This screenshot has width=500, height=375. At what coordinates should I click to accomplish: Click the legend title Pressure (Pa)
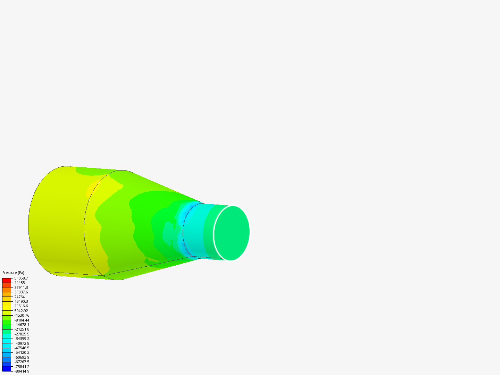13,273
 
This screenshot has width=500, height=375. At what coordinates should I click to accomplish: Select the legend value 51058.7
21,278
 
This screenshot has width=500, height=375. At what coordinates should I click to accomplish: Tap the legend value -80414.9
22,371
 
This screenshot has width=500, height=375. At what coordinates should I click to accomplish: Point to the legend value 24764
19,297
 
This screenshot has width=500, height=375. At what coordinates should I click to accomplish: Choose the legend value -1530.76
22,315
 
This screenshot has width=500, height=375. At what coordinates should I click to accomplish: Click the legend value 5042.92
21,311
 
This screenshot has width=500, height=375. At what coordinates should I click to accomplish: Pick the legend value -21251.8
22,329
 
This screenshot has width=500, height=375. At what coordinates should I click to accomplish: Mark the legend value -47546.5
22,348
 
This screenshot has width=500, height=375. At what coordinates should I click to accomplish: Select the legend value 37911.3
21,287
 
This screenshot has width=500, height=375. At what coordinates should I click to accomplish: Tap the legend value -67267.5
22,362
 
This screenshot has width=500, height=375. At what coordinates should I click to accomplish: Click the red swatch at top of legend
7,280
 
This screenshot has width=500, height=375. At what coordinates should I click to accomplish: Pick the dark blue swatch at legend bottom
7,369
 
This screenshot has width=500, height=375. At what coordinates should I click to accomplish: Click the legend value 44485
19,283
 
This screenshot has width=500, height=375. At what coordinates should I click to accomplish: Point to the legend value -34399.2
22,339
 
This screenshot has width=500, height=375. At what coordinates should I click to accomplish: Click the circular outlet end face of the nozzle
232,233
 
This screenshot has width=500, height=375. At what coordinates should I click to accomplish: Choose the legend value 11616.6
21,306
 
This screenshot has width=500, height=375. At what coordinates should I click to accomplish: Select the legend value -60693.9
22,357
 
